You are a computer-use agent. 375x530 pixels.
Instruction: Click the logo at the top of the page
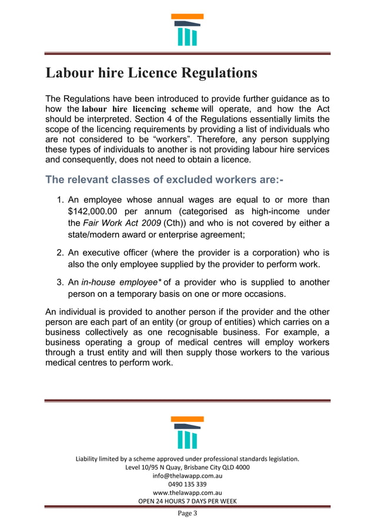[x=187, y=29]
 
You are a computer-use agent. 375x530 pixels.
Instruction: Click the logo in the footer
[x=187, y=432]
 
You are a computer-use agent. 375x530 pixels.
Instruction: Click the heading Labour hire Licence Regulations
[x=152, y=73]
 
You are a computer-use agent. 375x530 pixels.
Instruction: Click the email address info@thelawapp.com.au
[x=187, y=476]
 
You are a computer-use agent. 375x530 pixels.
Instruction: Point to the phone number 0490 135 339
[x=187, y=484]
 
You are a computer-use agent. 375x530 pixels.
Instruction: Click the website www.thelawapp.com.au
[x=187, y=493]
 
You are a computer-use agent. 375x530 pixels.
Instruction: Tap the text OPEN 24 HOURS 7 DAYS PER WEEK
[x=187, y=501]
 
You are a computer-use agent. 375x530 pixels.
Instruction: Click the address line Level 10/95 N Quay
[x=187, y=468]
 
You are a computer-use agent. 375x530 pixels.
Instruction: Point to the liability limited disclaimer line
[x=187, y=459]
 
